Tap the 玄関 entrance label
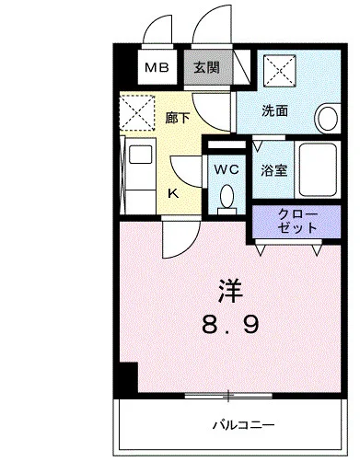[x=206, y=66]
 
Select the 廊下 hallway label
[x=177, y=117]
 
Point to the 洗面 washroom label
[x=273, y=110]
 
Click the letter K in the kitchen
[x=172, y=191]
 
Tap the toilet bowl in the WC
[x=226, y=196]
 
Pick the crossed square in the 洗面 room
[x=278, y=70]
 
